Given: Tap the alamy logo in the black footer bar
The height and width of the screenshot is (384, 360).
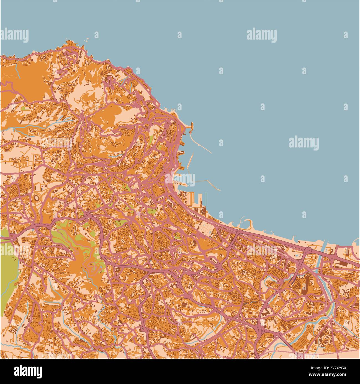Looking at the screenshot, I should pyautogui.click(x=29, y=371).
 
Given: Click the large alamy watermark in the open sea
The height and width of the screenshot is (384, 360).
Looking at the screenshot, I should pyautogui.click(x=304, y=143).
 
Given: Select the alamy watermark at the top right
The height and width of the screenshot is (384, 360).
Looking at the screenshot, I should pyautogui.click(x=261, y=35).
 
